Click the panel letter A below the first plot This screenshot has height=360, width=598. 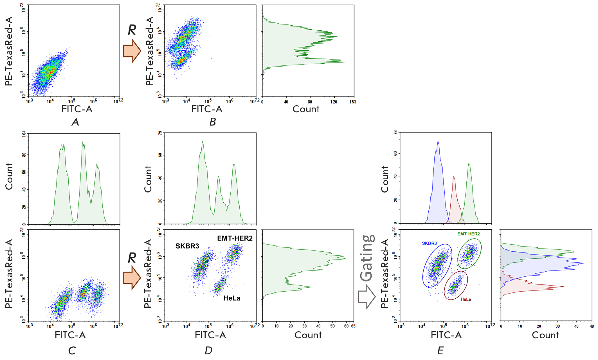(x=75, y=122)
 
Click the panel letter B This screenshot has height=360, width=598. (x=213, y=122)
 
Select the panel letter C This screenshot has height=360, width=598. (x=72, y=350)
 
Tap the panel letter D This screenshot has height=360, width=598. (x=208, y=350)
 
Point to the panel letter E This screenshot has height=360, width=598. (x=440, y=350)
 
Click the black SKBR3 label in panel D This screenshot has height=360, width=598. (x=187, y=246)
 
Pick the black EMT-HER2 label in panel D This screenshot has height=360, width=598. (x=235, y=238)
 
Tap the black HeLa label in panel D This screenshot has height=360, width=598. (x=231, y=298)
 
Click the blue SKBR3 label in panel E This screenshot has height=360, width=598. (x=429, y=243)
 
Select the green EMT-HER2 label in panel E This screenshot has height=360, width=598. (x=468, y=234)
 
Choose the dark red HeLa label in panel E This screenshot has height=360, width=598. (x=466, y=299)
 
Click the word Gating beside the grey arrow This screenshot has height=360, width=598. (x=368, y=258)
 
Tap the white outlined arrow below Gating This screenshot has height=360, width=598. (x=367, y=297)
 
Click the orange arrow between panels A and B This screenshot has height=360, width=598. (x=132, y=51)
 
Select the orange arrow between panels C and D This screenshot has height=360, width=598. (x=132, y=278)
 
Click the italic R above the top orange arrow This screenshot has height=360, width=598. (x=132, y=30)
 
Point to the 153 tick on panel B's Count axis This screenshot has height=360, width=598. (x=353, y=102)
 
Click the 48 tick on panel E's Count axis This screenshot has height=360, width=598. (x=592, y=326)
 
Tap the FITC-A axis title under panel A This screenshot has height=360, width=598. (x=77, y=109)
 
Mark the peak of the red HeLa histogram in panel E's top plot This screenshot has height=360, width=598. (x=454, y=177)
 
